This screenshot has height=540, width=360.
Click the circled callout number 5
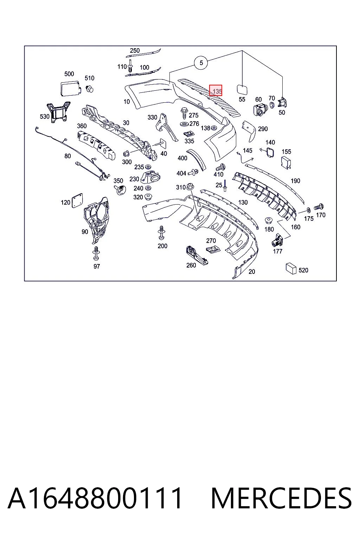tap(201, 63)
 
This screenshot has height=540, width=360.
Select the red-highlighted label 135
tap(216, 90)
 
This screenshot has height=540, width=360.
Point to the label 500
tap(69, 74)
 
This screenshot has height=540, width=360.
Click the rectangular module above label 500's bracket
tap(70, 88)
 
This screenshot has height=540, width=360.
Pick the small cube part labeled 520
tap(291, 269)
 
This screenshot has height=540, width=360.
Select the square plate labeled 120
tap(77, 201)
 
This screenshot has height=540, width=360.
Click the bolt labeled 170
tap(319, 207)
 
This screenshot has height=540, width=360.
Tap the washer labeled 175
tap(308, 210)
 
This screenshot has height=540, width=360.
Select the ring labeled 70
tap(271, 105)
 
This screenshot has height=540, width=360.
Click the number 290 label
tap(263, 129)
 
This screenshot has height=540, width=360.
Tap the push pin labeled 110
tap(130, 66)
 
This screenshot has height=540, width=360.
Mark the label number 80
tap(67, 156)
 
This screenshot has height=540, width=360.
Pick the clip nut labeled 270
tap(212, 249)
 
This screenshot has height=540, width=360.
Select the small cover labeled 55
tap(242, 89)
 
